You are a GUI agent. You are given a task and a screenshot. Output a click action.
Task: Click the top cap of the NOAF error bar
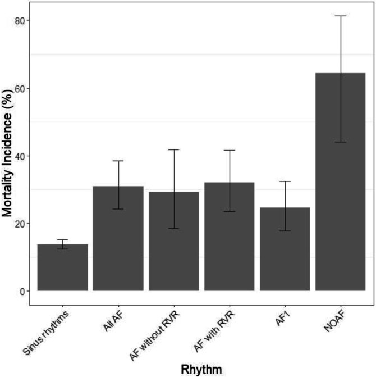(x=340, y=16)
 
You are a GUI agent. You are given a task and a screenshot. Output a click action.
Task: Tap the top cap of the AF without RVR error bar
(x=173, y=149)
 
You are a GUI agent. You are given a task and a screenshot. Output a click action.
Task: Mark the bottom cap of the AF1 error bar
(x=285, y=231)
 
